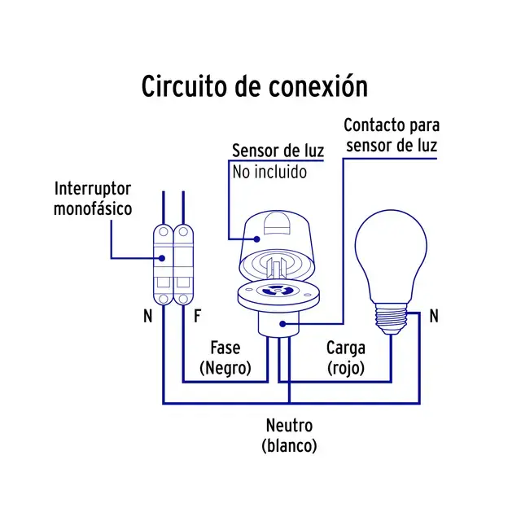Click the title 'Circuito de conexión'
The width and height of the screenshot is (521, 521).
pos(255,86)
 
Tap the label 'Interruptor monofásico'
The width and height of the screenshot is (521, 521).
pos(93,199)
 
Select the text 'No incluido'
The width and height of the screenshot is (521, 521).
pos(269,172)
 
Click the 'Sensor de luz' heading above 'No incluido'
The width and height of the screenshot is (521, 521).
pos(278,151)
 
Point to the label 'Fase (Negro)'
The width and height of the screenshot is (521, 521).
pos(225,358)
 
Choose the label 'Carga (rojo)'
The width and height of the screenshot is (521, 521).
pos(346,358)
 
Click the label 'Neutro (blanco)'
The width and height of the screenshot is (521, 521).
pos(289,436)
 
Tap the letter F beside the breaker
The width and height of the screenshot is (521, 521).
pos(197,316)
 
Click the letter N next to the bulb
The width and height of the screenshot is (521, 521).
pos(434,316)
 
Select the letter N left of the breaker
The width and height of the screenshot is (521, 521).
pos(148,316)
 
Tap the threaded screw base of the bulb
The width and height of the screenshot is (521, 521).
pos(391,318)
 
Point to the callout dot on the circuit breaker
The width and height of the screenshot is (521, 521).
pos(162,258)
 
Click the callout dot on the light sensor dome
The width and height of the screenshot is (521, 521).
pos(256,239)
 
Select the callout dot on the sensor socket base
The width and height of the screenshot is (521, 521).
pos(282,324)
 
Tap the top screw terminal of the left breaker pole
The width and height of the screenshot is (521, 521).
pos(164,231)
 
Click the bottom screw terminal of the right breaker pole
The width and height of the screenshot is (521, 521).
pos(183,299)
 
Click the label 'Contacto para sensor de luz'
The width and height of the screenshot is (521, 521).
pos(392,135)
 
